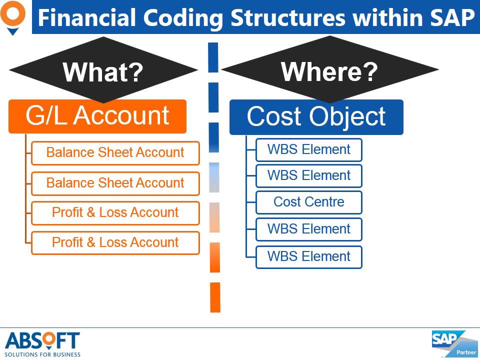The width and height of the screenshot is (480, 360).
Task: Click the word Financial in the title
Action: coord(86,18)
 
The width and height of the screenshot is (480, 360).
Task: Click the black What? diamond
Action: coord(103,71)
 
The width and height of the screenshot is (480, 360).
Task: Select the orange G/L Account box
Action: coord(97,116)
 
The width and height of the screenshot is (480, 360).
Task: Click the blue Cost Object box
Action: coord(316,117)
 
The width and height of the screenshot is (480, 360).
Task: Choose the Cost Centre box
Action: coord(308,202)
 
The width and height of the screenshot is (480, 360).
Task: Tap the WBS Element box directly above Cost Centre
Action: coord(308,175)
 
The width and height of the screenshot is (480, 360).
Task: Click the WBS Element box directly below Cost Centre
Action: coord(308,229)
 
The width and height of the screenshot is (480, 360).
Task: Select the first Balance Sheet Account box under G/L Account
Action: coord(115,153)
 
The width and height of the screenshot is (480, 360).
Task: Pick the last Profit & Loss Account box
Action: coord(115,242)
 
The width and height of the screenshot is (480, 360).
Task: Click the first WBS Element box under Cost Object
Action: coord(308,149)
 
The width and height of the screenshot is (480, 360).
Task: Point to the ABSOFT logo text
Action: coord(42,340)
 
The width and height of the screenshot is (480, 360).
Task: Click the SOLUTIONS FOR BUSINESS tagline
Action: coord(42,354)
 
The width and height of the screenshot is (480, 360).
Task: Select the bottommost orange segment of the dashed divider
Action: coord(215,297)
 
